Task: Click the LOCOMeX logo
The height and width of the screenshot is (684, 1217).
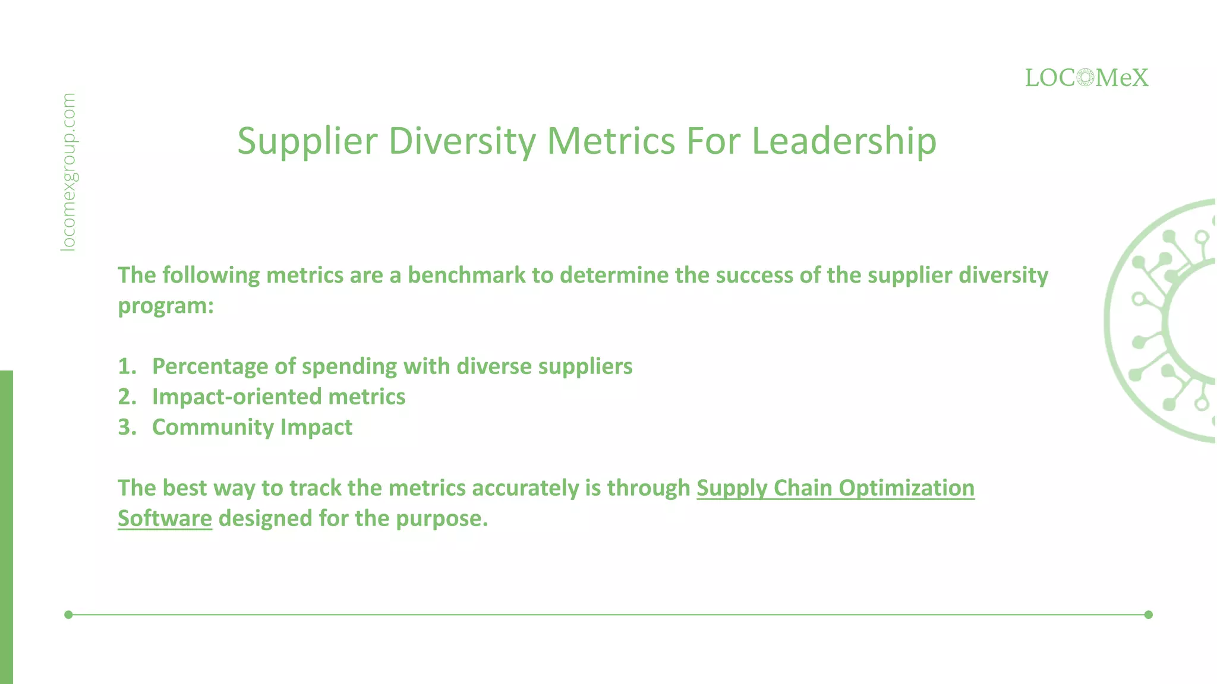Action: point(1086,78)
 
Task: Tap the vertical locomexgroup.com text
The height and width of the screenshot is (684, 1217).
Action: point(69,172)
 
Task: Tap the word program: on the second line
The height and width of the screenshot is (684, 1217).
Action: point(165,306)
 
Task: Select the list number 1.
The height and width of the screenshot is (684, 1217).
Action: point(127,366)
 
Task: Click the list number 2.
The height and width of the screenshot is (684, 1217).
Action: point(127,397)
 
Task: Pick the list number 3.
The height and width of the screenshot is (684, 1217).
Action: point(127,427)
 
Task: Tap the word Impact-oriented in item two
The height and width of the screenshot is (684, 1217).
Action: point(236,397)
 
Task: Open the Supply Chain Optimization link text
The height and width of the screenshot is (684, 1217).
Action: point(835,488)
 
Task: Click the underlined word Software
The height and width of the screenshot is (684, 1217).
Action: point(165,518)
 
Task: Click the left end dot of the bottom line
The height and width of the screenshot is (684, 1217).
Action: point(68,615)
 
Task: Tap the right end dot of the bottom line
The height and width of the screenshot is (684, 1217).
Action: point(1148,615)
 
